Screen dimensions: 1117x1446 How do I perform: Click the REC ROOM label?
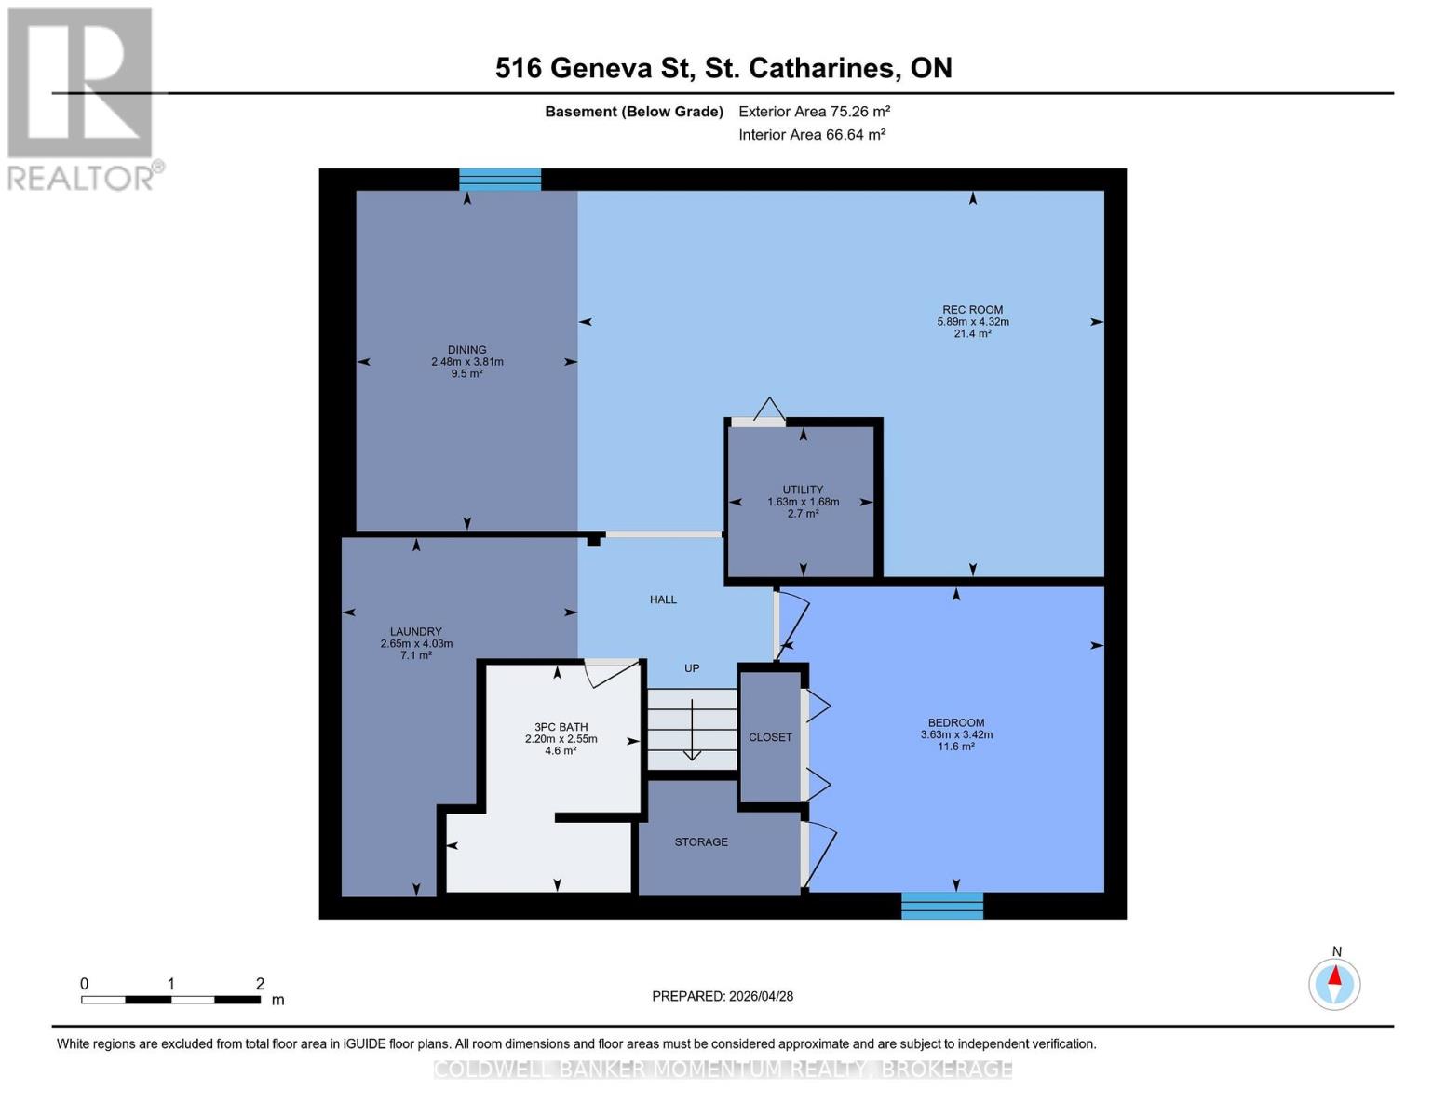972,311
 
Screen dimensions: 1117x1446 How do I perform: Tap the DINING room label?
466,351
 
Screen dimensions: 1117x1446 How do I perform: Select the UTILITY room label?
803,491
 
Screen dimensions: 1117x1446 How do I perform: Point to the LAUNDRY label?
415,632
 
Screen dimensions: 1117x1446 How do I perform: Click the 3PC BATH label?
561,728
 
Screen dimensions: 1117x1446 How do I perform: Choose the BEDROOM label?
955,723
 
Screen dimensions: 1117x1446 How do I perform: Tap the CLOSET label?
770,737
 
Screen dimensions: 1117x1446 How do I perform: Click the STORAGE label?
701,842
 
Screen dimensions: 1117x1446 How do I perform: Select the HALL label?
663,599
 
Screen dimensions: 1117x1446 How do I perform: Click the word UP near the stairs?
692,668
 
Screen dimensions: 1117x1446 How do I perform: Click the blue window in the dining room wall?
500,180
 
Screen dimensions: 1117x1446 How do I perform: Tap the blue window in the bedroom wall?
941,906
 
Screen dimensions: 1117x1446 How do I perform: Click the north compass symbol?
1334,982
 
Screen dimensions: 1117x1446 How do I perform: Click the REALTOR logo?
81,98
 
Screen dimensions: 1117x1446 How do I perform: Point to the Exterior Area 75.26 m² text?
815,112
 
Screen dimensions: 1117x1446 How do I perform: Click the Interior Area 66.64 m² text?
812,135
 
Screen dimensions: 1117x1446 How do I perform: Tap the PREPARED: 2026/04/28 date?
723,996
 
